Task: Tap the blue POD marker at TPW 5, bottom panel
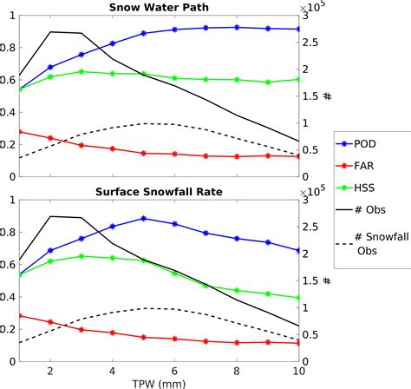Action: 144,219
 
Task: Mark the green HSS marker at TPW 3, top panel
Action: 82,71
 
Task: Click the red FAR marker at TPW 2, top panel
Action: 50,138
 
